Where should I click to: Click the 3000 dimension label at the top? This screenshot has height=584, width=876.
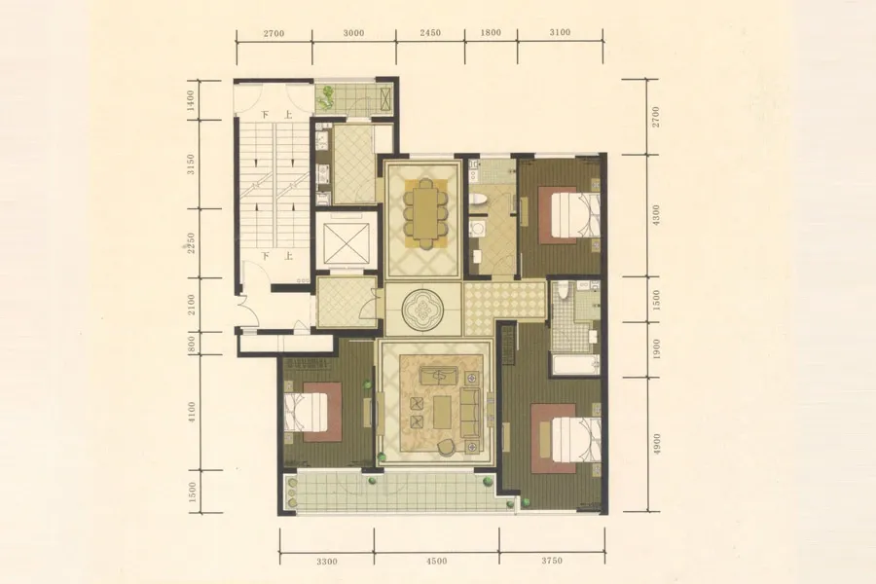pyautogui.click(x=353, y=33)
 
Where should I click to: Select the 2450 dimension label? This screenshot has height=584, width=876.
pyautogui.click(x=430, y=32)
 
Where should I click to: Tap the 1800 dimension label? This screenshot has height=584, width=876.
pyautogui.click(x=491, y=32)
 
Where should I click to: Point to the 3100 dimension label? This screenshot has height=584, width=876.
pyautogui.click(x=560, y=32)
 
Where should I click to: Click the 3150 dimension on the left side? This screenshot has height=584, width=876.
pyautogui.click(x=191, y=164)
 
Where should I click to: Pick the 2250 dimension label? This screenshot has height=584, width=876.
pyautogui.click(x=191, y=243)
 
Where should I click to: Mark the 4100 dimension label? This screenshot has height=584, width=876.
pyautogui.click(x=192, y=412)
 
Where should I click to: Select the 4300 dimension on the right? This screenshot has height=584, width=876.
pyautogui.click(x=656, y=215)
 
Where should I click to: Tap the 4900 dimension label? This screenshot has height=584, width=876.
pyautogui.click(x=657, y=444)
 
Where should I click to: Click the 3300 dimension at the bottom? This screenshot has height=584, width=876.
pyautogui.click(x=327, y=561)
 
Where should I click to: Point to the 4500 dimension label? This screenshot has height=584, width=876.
pyautogui.click(x=436, y=561)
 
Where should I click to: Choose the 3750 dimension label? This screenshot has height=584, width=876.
pyautogui.click(x=552, y=561)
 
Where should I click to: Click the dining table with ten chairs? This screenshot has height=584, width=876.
pyautogui.click(x=425, y=213)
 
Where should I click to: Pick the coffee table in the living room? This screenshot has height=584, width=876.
pyautogui.click(x=443, y=413)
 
